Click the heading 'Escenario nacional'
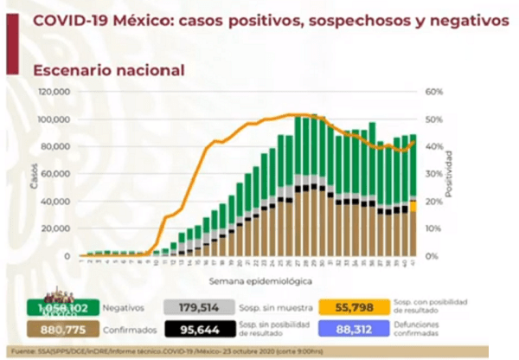(x=108, y=70)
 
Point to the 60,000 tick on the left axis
(x=57, y=174)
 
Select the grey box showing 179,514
(x=199, y=307)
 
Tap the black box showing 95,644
(x=199, y=330)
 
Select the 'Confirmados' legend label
(x=125, y=330)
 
